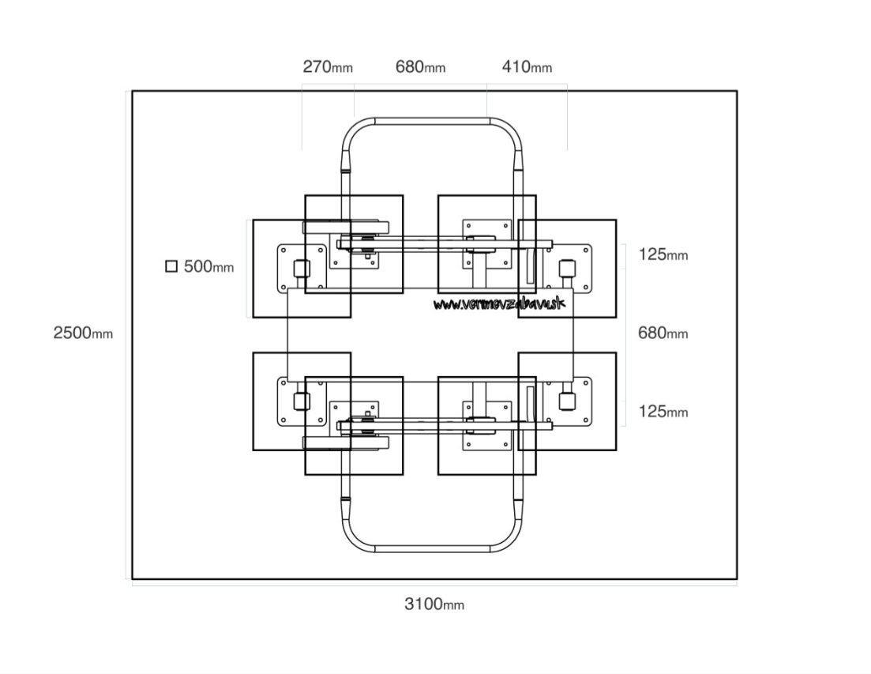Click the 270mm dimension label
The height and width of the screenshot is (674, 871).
click(x=328, y=67)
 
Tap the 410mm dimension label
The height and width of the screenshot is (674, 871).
click(x=527, y=67)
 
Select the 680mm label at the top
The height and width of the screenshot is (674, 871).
click(x=420, y=67)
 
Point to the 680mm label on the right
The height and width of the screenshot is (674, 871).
click(x=663, y=333)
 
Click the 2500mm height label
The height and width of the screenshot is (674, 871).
click(x=83, y=333)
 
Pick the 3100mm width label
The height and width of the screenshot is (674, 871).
click(x=434, y=604)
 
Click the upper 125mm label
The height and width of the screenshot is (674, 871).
click(x=663, y=254)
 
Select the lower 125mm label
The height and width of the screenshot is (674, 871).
click(x=663, y=411)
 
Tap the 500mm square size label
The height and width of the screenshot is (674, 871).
click(x=208, y=266)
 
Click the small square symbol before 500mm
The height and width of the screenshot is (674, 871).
click(x=171, y=266)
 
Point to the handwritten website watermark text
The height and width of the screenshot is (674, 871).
click(x=500, y=303)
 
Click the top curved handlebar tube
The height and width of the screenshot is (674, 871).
click(x=433, y=121)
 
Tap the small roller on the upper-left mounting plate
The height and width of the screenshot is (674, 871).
click(x=301, y=269)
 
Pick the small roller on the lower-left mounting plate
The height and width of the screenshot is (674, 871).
click(x=301, y=401)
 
